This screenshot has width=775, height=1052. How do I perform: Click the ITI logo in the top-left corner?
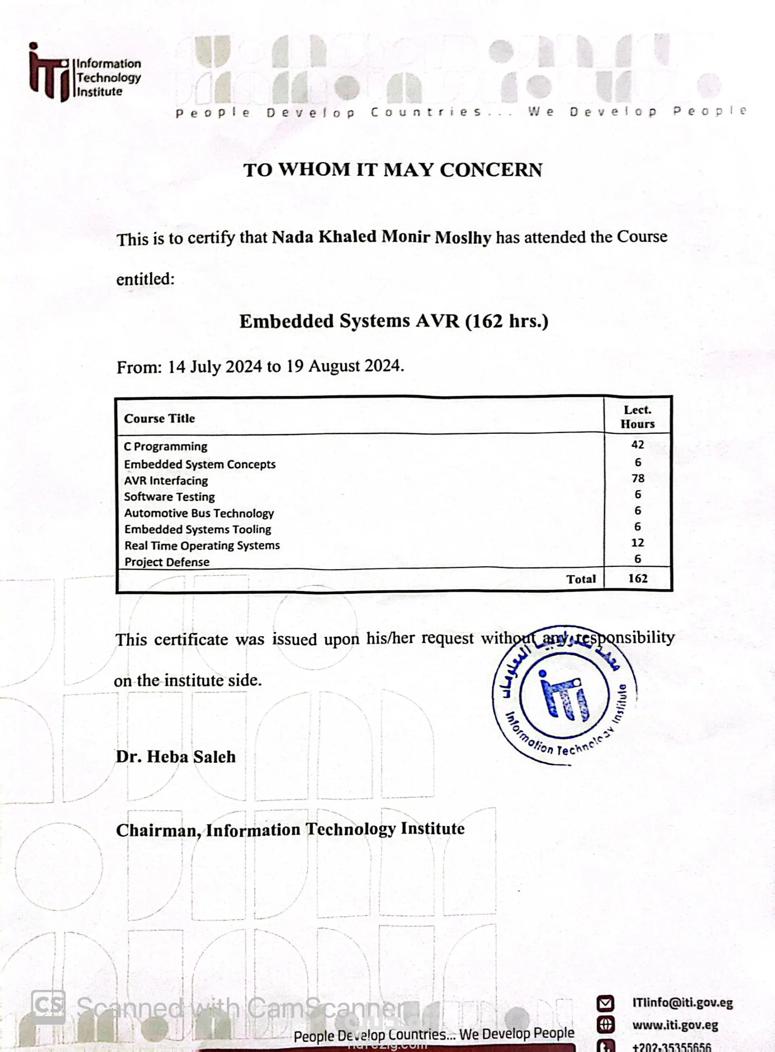[x=84, y=73]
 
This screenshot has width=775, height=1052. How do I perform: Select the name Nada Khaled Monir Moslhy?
[x=381, y=237]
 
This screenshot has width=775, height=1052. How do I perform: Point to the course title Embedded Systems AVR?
[x=349, y=321]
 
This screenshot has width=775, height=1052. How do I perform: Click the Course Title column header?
[x=159, y=418]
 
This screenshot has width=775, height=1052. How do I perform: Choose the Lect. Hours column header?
[x=637, y=417]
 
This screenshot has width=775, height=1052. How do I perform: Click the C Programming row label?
[x=165, y=447]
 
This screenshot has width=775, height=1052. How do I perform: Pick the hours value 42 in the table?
[x=637, y=445]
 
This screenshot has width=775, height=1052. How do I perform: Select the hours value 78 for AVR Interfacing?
[x=637, y=479]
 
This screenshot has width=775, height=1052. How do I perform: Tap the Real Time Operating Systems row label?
[x=202, y=546]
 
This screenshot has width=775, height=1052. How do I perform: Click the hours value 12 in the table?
[x=637, y=543]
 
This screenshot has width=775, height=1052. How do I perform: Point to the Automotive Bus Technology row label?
[x=199, y=513]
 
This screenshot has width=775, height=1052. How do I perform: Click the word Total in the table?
[x=581, y=579]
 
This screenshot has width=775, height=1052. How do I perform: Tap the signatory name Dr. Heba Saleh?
[x=176, y=757]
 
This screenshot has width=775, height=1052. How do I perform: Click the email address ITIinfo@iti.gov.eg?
[x=682, y=1003]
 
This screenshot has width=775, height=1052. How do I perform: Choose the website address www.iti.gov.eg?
[x=674, y=1025]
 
